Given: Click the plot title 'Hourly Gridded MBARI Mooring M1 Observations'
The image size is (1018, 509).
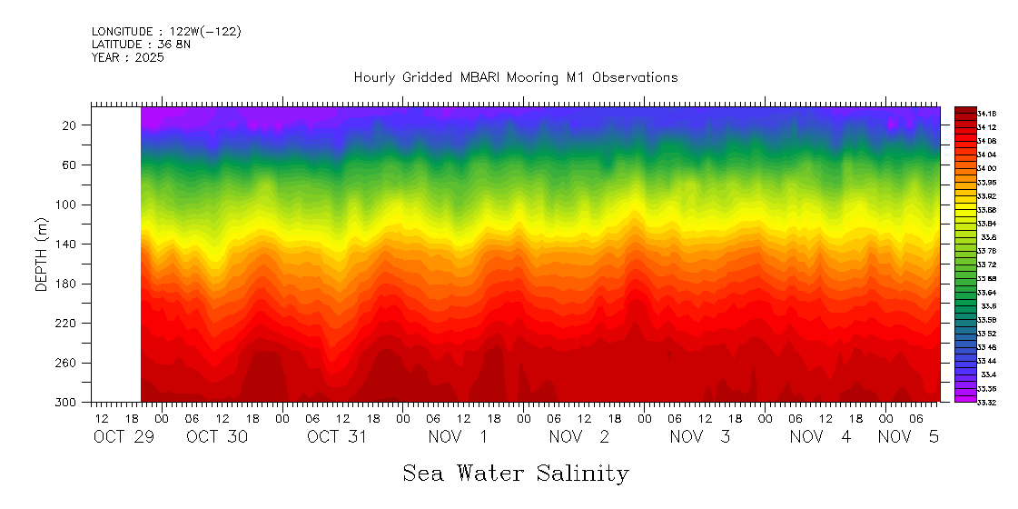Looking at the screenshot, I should point(515,78).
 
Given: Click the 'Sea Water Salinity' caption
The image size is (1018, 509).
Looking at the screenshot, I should point(515,474).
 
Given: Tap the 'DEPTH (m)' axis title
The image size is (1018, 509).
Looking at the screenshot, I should point(41,254).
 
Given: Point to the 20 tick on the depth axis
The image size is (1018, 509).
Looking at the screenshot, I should point(69,125).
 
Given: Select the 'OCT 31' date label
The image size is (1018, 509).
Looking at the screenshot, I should point(337,437).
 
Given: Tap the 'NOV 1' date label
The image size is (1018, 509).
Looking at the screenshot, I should point(458,437).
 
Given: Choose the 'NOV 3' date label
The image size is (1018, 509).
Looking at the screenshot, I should point(699,437).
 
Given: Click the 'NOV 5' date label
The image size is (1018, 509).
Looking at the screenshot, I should point(908,437).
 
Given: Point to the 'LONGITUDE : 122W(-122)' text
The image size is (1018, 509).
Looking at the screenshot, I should point(166,32).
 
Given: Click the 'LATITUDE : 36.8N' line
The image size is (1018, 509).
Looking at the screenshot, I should point(141,45).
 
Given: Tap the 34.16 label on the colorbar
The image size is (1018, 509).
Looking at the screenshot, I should point(987,113).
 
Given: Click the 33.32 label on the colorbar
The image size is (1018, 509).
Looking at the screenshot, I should point(987,402).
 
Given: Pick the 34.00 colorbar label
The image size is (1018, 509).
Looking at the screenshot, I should point(987,168).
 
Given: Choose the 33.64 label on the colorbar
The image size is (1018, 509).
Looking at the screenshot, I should point(987,292).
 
